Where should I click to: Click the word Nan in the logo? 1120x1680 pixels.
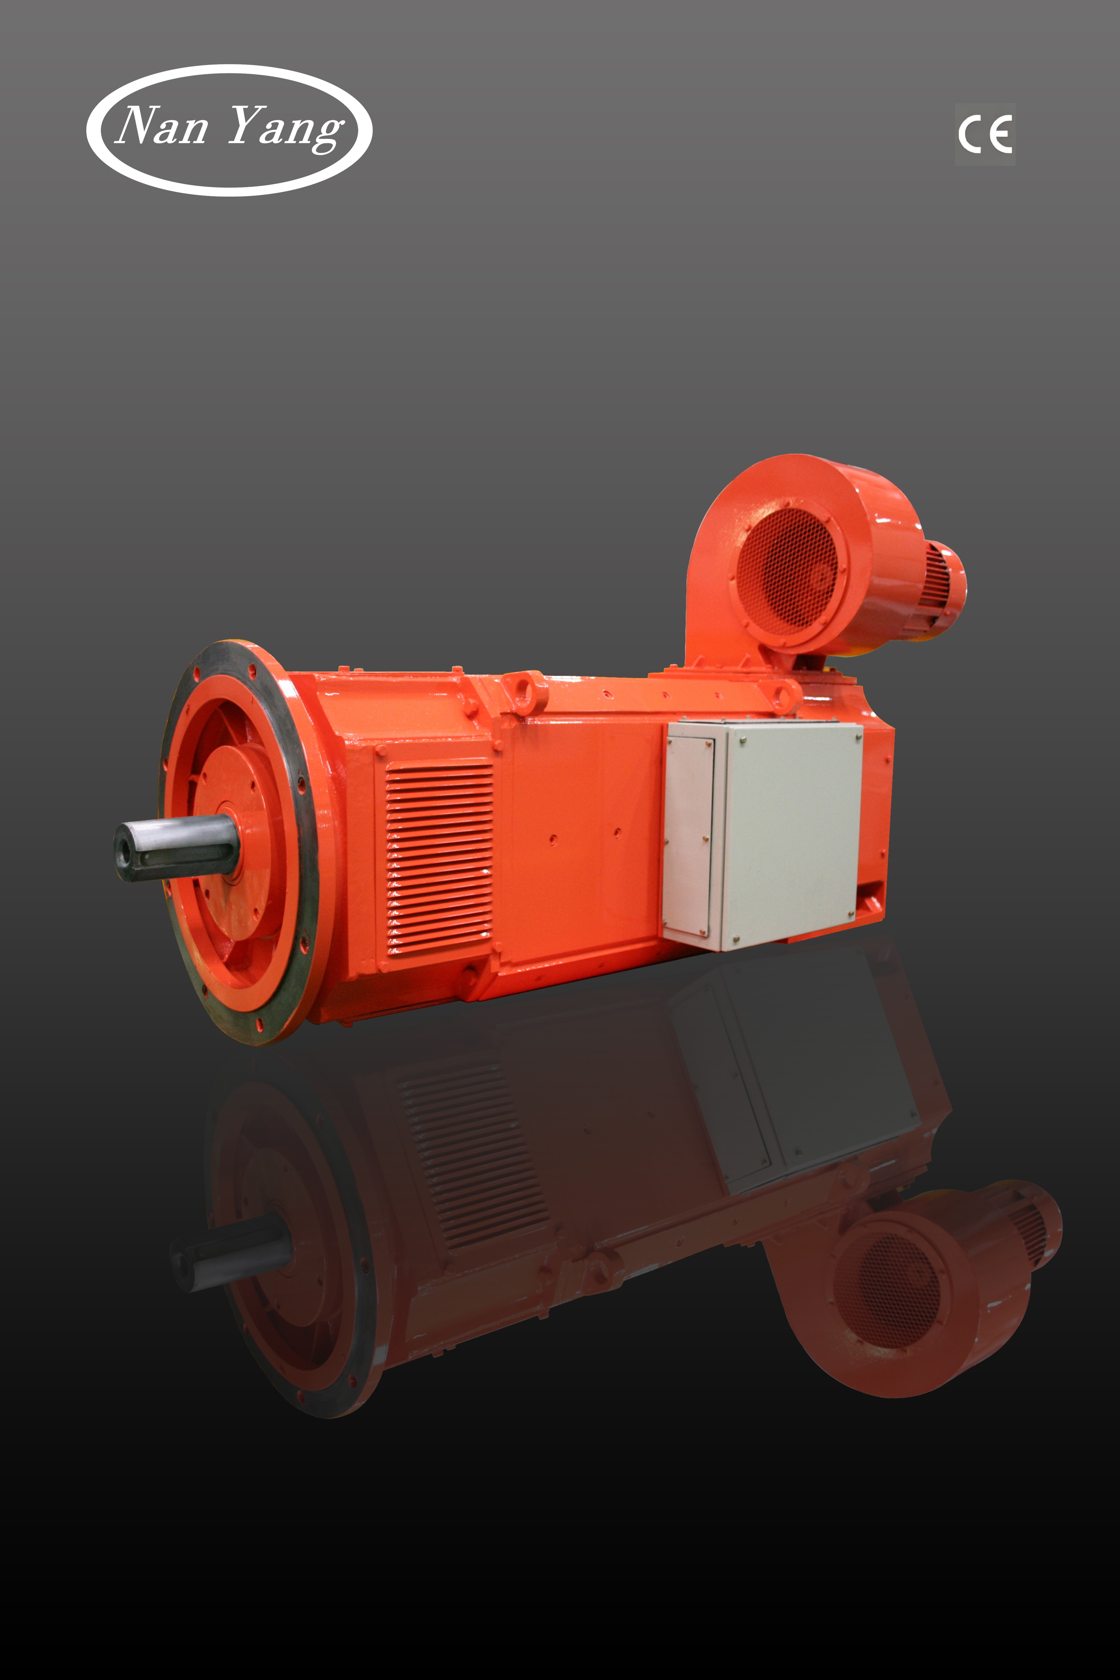[x=162, y=126]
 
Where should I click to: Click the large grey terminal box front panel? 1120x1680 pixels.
[x=792, y=834]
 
